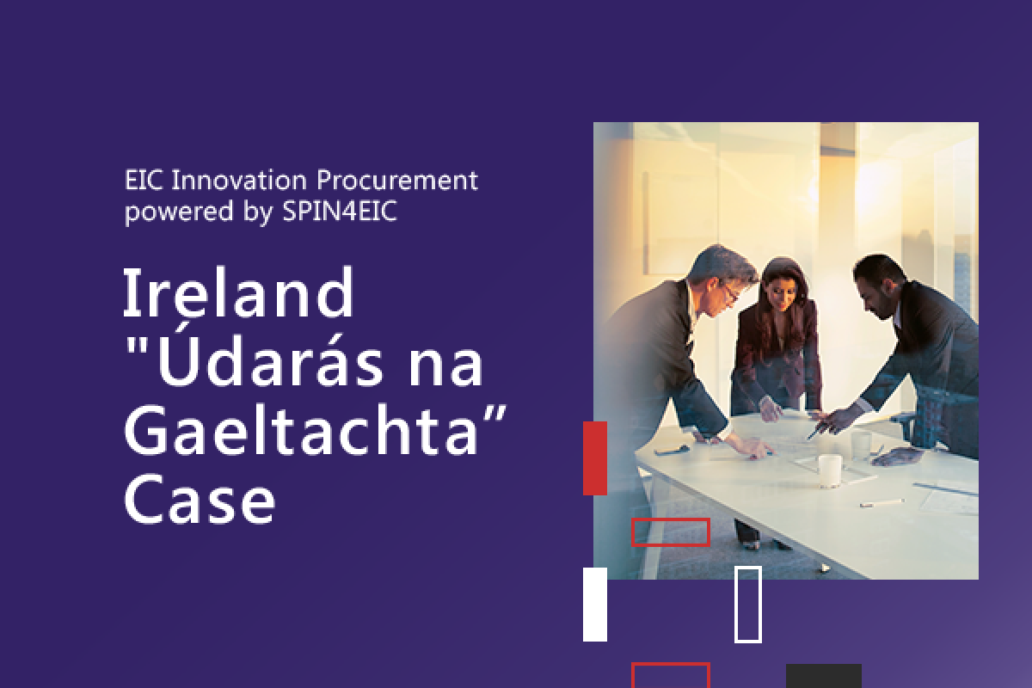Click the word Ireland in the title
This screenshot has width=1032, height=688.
pos(239,292)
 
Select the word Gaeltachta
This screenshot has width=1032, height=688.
pos(300,430)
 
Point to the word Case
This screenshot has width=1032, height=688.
pos(200,500)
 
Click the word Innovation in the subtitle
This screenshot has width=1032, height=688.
pos(239,180)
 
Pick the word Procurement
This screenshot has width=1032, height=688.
pos(397,180)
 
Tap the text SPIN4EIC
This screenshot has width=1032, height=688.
pos(340,211)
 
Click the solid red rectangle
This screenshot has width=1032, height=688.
pos(595,458)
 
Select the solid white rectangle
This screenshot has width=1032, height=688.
pos(595,605)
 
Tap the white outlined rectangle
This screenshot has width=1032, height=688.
pos(736,605)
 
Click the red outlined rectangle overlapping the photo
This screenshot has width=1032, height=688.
pos(670,519)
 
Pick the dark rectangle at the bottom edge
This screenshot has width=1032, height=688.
pos(824,676)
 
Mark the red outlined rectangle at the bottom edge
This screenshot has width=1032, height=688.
pos(670,664)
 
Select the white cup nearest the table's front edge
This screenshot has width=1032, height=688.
pos(830,470)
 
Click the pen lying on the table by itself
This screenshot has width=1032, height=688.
pos(881,503)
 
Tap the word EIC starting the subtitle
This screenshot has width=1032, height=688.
pos(144,180)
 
